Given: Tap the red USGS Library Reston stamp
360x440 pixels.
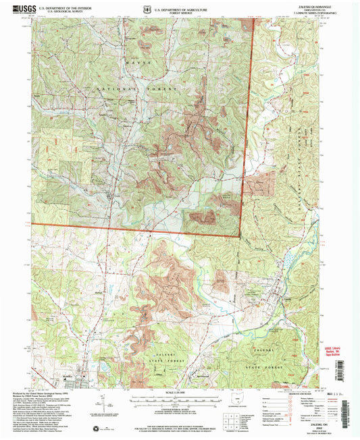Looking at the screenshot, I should pos(336,350).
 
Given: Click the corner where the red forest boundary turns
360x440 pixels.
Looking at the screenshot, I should pos(240,236).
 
